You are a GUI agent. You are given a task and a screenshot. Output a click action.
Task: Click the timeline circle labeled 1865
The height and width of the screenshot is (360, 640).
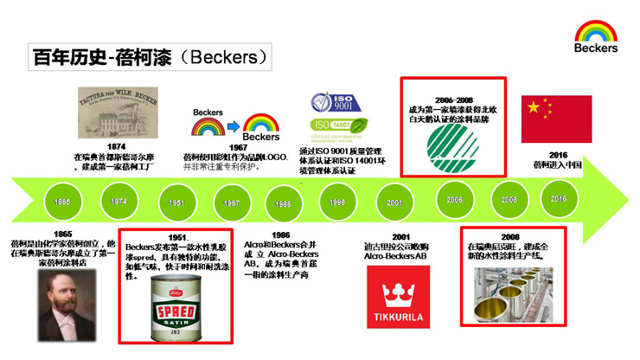[x=61, y=202]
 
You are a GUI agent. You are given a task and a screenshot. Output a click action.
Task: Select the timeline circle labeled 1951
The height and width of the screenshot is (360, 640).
[x=176, y=202]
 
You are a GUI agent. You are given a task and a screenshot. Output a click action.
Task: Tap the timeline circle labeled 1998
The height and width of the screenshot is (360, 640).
[x=338, y=202]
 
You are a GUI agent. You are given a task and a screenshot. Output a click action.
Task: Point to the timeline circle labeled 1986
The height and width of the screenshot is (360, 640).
[x=283, y=203]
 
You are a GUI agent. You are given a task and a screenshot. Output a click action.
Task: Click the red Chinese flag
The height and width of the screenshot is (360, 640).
[x=556, y=119]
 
